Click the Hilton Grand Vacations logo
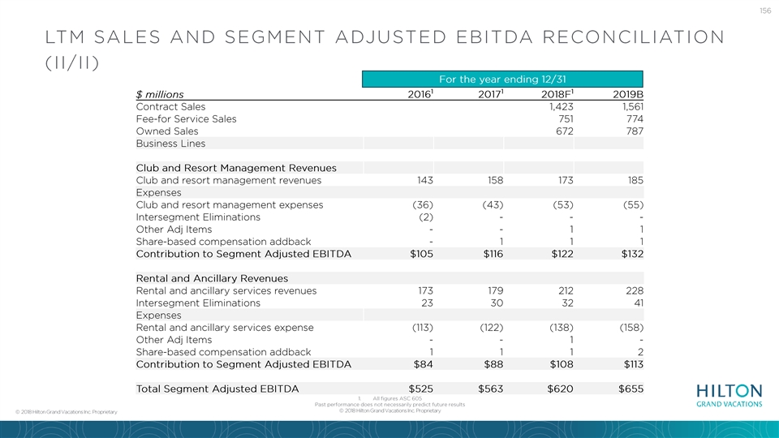[729, 396]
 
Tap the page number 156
[765, 11]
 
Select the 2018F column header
[557, 94]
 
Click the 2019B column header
[628, 94]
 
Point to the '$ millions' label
[160, 94]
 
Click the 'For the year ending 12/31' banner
[502, 79]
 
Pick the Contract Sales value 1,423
[561, 107]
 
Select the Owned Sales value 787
[635, 131]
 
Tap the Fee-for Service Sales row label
[187, 119]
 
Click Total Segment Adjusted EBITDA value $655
[631, 389]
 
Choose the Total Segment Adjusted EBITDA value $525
[421, 389]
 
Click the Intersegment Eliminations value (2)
[423, 217]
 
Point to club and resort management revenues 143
[424, 180]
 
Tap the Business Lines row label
[170, 144]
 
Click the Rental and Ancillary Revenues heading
[212, 278]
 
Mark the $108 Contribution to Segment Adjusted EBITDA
[562, 364]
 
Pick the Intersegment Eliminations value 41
[639, 303]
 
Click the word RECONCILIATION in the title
[634, 37]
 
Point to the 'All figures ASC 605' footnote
[397, 398]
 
